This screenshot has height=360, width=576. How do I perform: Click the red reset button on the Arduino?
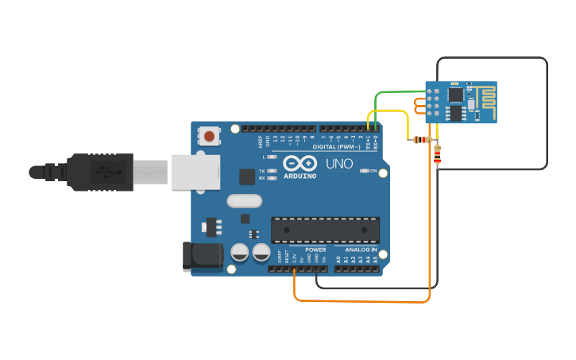(209, 136)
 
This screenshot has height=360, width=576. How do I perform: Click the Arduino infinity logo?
(300, 164)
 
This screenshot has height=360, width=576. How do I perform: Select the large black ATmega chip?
(325, 230)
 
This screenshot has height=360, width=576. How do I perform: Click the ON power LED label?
(373, 171)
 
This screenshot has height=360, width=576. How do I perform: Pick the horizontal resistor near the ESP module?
(421, 140)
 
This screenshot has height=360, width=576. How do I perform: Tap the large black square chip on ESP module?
(456, 95)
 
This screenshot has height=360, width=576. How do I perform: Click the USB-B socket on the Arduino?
(195, 172)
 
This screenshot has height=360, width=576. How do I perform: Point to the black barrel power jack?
(203, 255)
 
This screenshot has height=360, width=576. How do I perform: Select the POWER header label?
(315, 250)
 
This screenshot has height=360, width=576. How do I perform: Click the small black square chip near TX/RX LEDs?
(247, 176)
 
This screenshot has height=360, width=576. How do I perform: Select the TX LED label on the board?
(262, 171)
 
